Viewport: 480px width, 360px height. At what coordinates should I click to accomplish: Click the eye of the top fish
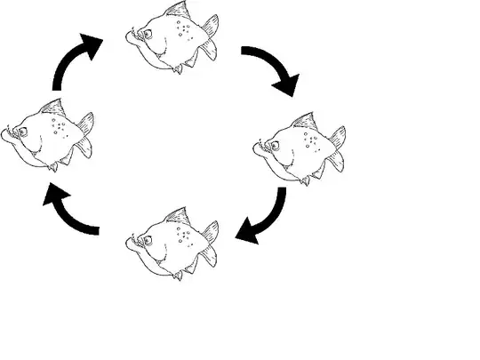click(x=147, y=35)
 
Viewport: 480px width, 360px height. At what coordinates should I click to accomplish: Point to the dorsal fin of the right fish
click(x=305, y=121)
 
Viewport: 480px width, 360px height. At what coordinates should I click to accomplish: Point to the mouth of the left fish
click(x=8, y=135)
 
